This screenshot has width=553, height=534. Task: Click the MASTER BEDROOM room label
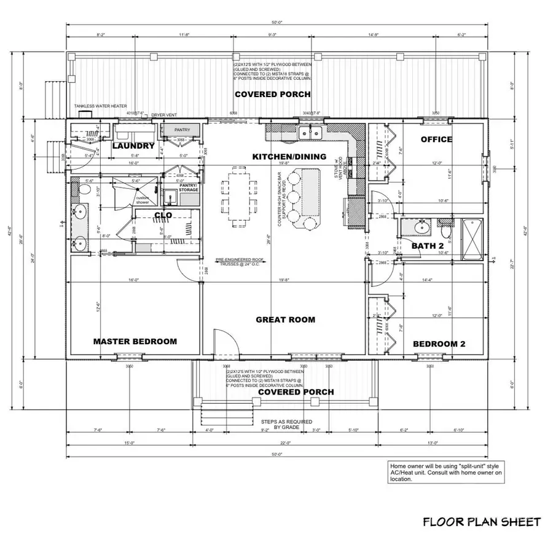(135, 342)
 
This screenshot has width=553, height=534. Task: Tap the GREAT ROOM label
(286, 320)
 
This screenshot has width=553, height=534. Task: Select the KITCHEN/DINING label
(289, 157)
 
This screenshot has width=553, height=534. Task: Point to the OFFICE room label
(436, 139)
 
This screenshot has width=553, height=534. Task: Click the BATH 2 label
(427, 246)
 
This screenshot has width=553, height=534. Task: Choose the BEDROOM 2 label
(439, 344)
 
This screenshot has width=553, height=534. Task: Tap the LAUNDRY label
(133, 146)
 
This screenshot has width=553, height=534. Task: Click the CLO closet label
(162, 216)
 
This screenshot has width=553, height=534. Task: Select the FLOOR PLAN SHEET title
(482, 522)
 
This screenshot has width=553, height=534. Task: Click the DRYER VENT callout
(163, 113)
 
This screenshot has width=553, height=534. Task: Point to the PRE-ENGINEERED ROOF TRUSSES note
(239, 261)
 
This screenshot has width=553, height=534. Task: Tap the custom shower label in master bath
(143, 200)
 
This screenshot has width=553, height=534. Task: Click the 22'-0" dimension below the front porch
(285, 443)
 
